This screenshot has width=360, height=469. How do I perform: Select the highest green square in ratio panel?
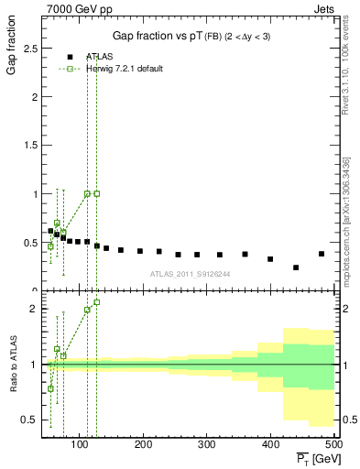[96, 302]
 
